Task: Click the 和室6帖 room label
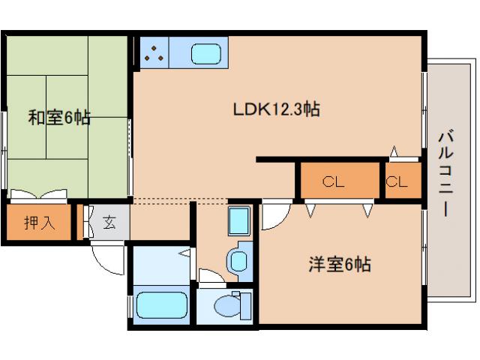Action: pos(59,118)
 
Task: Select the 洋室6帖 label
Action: pos(340,264)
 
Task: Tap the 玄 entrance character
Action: pos(109,222)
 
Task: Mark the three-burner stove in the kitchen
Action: pos(155,52)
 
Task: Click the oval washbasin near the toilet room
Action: pos(239,261)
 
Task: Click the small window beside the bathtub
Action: pos(132,307)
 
